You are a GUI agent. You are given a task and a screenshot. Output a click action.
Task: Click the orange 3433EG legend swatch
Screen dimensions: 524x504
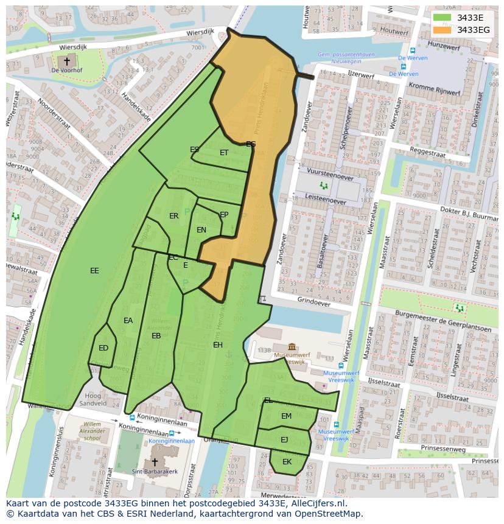point(443,30)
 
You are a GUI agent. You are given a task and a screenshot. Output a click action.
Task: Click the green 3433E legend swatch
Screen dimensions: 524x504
point(443,18)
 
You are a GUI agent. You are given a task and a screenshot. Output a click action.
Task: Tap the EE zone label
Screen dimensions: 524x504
point(94,271)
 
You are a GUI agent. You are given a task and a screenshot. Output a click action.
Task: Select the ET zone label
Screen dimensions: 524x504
point(224,153)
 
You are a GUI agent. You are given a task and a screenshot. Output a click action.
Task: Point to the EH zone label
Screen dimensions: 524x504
point(218,345)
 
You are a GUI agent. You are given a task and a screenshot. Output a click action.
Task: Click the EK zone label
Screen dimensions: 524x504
point(287,462)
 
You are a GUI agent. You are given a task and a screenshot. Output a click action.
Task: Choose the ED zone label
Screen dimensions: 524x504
point(103,348)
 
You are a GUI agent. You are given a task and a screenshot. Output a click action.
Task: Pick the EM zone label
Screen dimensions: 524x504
point(286,416)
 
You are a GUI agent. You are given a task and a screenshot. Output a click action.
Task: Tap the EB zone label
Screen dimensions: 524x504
point(156,336)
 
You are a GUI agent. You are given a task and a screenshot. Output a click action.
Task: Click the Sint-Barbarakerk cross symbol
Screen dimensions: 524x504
point(155,462)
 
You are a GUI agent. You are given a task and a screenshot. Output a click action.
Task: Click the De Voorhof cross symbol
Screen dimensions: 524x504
point(67,61)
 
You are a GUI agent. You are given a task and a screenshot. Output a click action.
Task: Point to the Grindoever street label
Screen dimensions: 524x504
point(314,301)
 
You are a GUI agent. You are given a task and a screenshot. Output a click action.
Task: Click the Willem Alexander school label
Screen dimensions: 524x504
point(93,431)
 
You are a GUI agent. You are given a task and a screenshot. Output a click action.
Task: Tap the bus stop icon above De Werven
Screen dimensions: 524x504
point(413,51)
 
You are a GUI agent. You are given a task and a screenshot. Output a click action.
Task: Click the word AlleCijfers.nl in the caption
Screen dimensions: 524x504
point(316,503)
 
